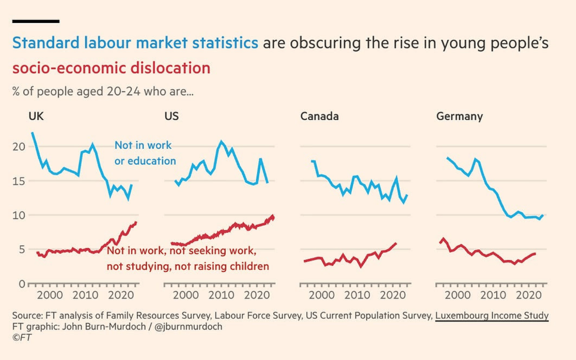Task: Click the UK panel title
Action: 36,116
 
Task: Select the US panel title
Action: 171,116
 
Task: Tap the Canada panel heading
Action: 319,116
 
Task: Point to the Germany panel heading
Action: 459,116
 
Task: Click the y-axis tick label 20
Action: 19,147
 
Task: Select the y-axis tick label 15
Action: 19,181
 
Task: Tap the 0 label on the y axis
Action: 22,284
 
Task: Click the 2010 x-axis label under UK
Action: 85,295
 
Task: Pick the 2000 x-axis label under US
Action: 186,295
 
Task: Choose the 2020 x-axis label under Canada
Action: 393,295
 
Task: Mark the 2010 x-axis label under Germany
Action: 493,295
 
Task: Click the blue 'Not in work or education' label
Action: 145,153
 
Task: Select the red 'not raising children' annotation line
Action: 188,266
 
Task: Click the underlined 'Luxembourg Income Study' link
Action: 492,315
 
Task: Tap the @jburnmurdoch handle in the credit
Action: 188,327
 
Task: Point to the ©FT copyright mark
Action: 22,337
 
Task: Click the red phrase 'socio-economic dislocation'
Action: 111,68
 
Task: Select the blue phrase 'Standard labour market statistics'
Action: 135,43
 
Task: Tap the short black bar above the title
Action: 36,21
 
